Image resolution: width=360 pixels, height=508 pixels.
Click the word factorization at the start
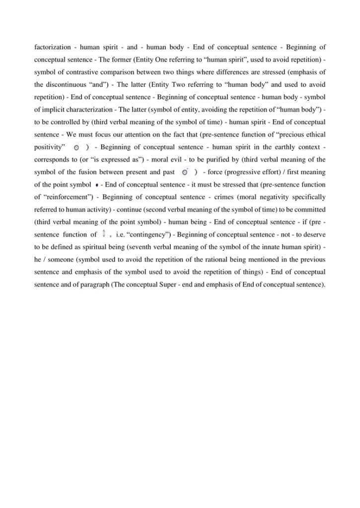point(52,48)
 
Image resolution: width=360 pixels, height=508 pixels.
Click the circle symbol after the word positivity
point(75,147)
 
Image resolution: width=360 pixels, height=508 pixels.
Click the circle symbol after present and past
point(184,172)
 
